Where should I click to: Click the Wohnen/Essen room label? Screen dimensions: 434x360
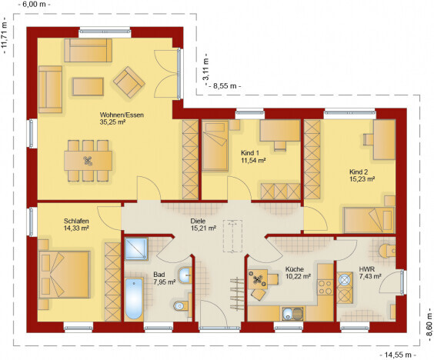point(122,115)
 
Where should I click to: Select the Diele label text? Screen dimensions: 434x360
point(198,221)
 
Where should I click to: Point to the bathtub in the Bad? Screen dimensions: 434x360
point(134,298)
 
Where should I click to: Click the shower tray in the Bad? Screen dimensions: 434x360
point(136,248)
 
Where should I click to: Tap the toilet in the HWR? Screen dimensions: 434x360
point(388,252)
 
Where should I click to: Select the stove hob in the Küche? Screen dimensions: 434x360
point(325,287)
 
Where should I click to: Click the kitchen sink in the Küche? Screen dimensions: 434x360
point(293,314)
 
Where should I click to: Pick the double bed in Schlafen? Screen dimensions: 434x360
point(64,275)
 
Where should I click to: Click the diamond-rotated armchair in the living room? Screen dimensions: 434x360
point(129,82)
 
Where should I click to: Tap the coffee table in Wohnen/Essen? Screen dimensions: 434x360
point(88,87)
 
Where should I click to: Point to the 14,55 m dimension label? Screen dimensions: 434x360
point(398,355)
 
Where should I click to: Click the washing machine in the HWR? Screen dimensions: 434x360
point(345,280)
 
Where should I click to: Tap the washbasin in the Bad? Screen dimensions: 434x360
point(185,275)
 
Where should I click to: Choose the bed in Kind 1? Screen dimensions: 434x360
point(215,146)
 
